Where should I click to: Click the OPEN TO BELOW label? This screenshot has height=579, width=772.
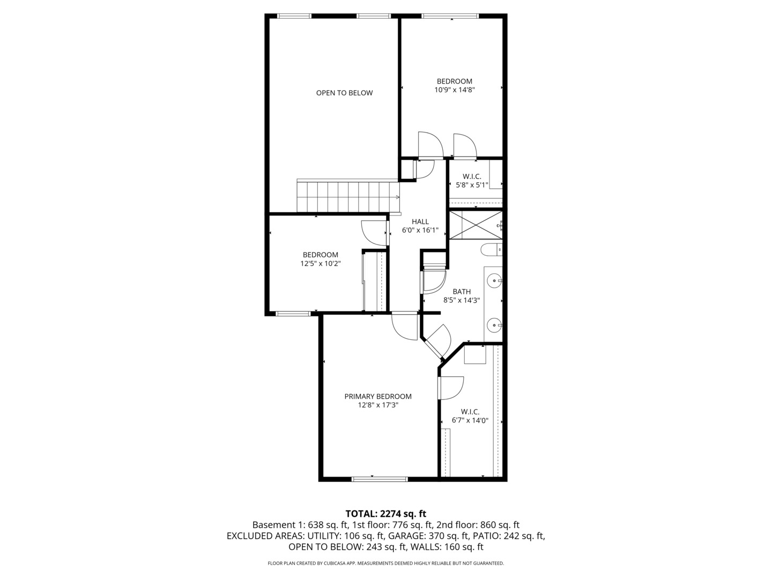pyautogui.click(x=344, y=93)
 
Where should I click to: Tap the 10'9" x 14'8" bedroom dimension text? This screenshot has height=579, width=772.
pyautogui.click(x=455, y=90)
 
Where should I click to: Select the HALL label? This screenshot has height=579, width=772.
pyautogui.click(x=420, y=221)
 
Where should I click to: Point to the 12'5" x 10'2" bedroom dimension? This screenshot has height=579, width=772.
pyautogui.click(x=321, y=263)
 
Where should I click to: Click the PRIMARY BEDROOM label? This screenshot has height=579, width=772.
pyautogui.click(x=378, y=396)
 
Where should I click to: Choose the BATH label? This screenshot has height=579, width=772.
pyautogui.click(x=461, y=292)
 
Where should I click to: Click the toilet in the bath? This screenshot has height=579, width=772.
pyautogui.click(x=491, y=249)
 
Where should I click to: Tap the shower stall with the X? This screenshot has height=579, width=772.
pyautogui.click(x=475, y=225)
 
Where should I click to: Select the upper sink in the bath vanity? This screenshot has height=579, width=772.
pyautogui.click(x=495, y=279)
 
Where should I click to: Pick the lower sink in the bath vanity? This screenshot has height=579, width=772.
pyautogui.click(x=494, y=324)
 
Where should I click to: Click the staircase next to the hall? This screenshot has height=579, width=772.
pyautogui.click(x=348, y=197)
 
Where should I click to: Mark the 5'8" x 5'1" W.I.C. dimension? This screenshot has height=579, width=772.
pyautogui.click(x=472, y=185)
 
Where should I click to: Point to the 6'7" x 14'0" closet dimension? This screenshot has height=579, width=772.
pyautogui.click(x=470, y=420)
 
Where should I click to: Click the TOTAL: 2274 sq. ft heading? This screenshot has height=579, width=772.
pyautogui.click(x=386, y=514)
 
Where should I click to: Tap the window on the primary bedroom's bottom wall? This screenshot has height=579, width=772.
pyautogui.click(x=380, y=478)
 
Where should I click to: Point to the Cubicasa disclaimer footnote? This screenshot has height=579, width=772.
pyautogui.click(x=386, y=563)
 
